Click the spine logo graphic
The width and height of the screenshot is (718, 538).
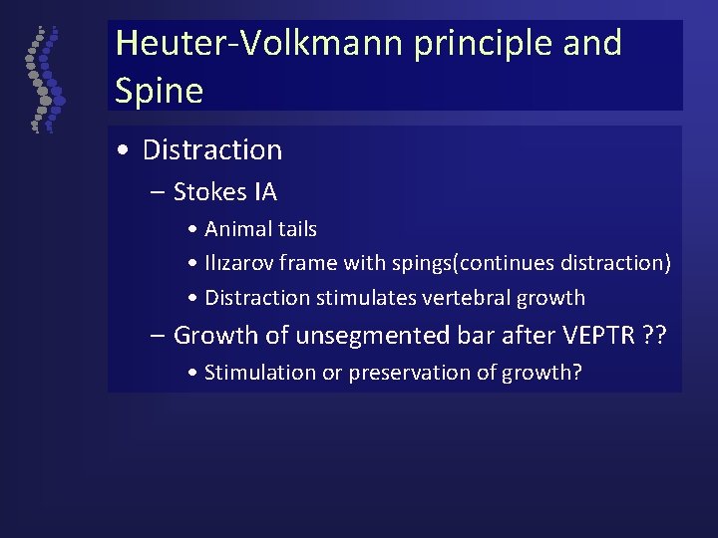click(43, 80)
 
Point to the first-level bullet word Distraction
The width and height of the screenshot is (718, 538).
click(212, 150)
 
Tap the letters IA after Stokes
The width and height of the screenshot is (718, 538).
click(264, 191)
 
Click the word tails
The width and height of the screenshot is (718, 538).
click(296, 229)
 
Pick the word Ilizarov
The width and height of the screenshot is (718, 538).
click(238, 263)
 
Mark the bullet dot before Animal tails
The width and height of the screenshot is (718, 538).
click(190, 230)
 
